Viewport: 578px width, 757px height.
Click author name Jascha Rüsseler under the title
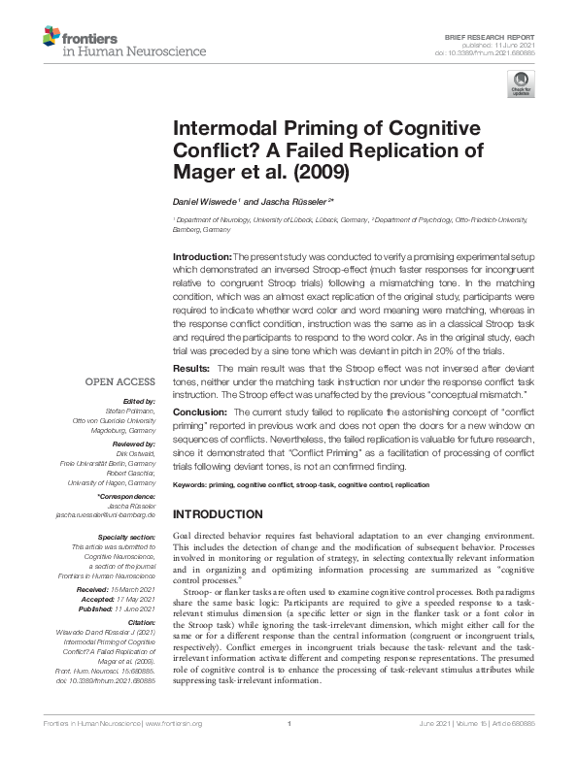click(297, 201)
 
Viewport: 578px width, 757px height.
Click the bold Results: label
click(190, 370)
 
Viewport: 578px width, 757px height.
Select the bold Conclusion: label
click(200, 411)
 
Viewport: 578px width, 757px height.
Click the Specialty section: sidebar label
click(127, 536)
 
